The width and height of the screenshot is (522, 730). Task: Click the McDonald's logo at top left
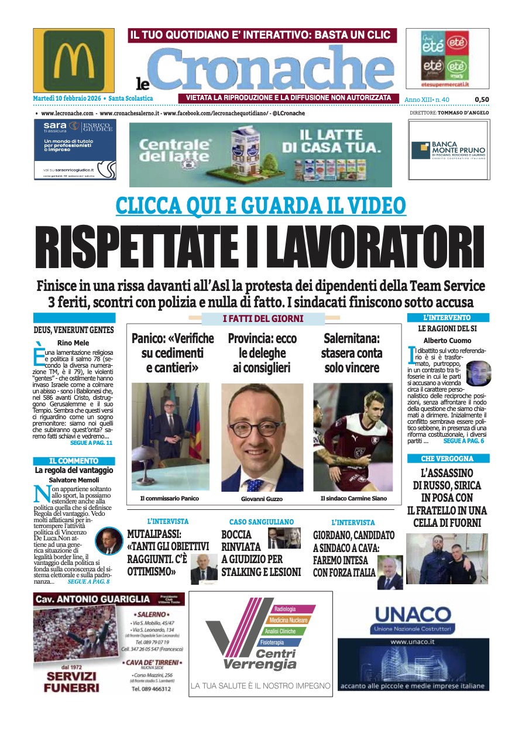pyautogui.click(x=74, y=60)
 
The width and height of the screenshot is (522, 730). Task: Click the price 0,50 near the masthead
pyautogui.click(x=481, y=100)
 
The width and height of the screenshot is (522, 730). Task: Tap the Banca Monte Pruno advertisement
pyautogui.click(x=448, y=150)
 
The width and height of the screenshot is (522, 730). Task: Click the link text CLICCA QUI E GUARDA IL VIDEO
pyautogui.click(x=261, y=205)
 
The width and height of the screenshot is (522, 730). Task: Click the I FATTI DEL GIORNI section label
pyautogui.click(x=263, y=319)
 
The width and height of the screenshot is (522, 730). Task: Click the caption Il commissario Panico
pyautogui.click(x=170, y=498)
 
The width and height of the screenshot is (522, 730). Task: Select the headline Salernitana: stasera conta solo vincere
pyautogui.click(x=351, y=353)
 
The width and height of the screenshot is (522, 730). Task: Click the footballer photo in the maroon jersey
pyautogui.click(x=351, y=437)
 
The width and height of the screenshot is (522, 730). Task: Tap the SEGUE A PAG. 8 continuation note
pyautogui.click(x=88, y=582)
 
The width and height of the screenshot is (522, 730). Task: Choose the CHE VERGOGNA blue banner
pyautogui.click(x=448, y=458)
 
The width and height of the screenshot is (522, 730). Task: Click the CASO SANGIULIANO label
pyautogui.click(x=261, y=522)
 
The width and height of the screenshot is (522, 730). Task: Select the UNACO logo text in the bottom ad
pyautogui.click(x=413, y=615)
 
